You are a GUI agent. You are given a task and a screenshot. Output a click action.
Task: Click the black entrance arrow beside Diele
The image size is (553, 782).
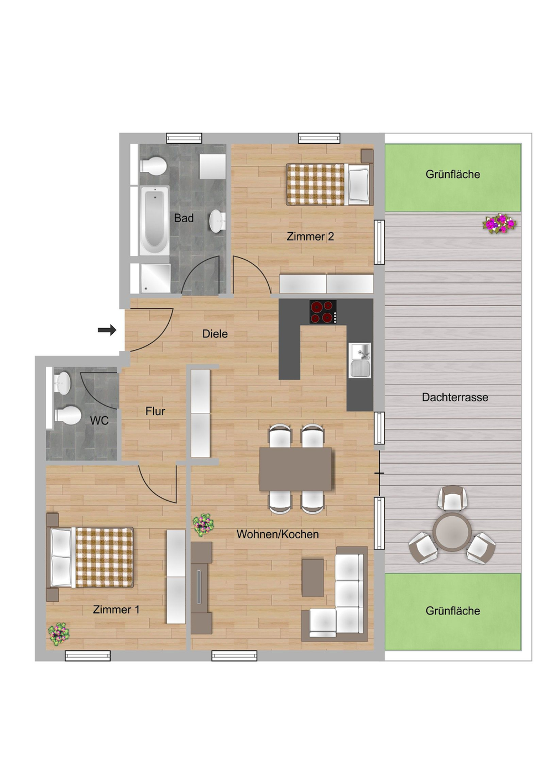click(107, 330)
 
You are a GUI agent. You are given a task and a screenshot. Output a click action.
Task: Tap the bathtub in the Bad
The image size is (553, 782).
click(154, 219)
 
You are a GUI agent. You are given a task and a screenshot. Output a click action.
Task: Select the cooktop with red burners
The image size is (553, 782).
click(323, 312)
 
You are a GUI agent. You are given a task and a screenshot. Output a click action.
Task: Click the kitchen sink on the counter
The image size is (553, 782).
click(360, 360)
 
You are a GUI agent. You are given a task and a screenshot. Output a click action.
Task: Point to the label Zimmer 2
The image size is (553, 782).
click(310, 237)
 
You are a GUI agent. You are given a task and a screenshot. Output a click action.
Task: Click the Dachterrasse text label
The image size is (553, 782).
click(455, 397)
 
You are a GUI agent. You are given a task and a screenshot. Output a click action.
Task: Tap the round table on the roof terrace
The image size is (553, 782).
click(452, 532)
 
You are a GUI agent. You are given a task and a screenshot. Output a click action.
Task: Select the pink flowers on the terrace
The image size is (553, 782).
click(499, 223)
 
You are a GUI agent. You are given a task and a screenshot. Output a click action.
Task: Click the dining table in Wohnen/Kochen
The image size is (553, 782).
click(296, 469)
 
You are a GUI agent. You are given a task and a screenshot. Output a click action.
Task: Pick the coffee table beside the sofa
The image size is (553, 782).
click(313, 578)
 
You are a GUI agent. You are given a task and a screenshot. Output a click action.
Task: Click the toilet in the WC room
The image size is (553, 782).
click(67, 415)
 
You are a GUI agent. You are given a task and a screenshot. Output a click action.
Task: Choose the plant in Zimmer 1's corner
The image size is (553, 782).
click(59, 633)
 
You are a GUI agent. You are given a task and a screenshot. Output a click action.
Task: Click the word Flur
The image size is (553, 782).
click(155, 411)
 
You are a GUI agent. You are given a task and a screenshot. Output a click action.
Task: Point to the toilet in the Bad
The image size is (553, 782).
click(154, 165)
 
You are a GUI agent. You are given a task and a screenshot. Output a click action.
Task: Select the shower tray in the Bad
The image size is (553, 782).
click(154, 278)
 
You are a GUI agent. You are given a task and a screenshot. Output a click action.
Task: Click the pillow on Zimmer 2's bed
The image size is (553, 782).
click(358, 184)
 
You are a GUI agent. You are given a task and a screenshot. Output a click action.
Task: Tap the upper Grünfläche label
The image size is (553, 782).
click(452, 175)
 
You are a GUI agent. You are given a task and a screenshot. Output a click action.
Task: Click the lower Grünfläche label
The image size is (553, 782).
click(452, 611)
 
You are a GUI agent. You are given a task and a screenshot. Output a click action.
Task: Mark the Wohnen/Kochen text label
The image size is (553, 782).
click(278, 534)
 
